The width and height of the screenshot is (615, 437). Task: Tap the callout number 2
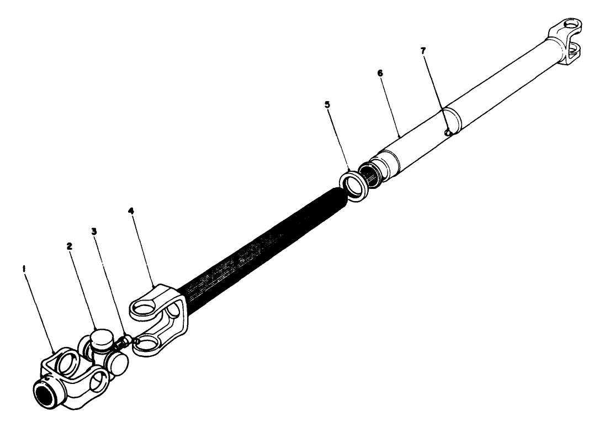(70, 246)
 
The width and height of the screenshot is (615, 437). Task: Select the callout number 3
(94, 231)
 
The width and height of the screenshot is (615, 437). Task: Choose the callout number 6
(380, 72)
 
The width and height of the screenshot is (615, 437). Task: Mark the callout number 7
(423, 51)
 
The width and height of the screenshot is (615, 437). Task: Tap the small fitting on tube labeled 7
(449, 132)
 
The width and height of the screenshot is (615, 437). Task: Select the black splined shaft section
(265, 243)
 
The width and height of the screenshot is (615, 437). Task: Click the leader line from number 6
(390, 105)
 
